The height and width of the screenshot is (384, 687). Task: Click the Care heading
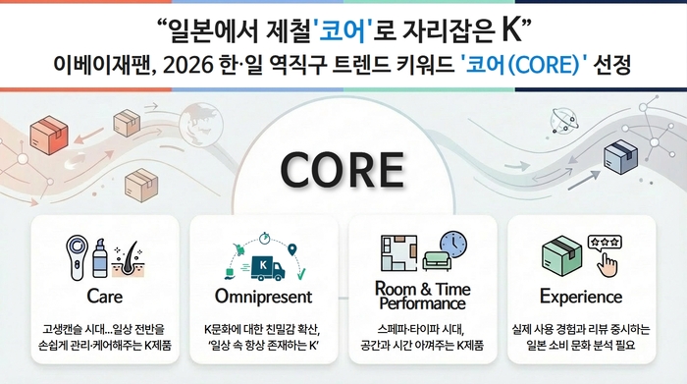[104, 296]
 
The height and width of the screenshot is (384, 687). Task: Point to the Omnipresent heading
[263, 296]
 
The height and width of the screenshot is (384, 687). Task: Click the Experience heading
[581, 296]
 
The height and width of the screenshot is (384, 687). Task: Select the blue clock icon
[452, 245]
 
